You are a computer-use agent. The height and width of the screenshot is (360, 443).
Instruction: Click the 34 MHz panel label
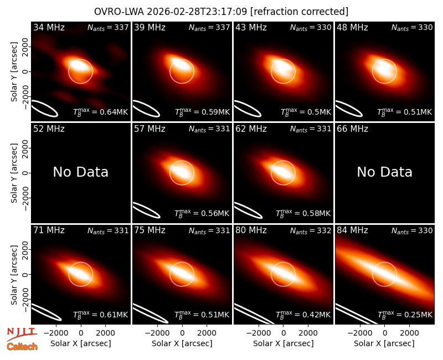pyautogui.click(x=49, y=27)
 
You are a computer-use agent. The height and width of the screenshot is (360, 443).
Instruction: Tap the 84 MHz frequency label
pyautogui.click(x=352, y=230)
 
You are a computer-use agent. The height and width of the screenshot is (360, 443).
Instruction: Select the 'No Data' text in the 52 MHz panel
pyautogui.click(x=81, y=172)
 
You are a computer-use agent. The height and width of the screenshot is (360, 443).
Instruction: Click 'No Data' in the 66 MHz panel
pyautogui.click(x=384, y=172)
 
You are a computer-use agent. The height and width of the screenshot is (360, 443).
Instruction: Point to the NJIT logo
pyautogui.click(x=22, y=334)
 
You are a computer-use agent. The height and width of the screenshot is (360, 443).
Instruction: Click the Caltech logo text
pyautogui.click(x=22, y=347)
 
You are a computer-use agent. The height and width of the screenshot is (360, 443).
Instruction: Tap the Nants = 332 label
pyautogui.click(x=311, y=230)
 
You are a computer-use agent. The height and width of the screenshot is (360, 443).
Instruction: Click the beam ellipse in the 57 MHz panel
pyautogui.click(x=146, y=210)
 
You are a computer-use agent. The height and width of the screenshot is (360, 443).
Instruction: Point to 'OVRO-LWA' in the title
pyautogui.click(x=119, y=12)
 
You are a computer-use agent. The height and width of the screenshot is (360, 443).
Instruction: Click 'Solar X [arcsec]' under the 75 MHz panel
pyautogui.click(x=182, y=343)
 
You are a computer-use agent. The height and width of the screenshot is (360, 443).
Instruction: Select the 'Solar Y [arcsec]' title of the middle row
pyautogui.click(x=14, y=173)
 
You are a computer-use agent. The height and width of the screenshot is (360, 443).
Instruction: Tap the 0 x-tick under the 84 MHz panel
pyautogui.click(x=384, y=333)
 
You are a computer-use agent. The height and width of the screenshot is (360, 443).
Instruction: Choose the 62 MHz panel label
pyautogui.click(x=251, y=129)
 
